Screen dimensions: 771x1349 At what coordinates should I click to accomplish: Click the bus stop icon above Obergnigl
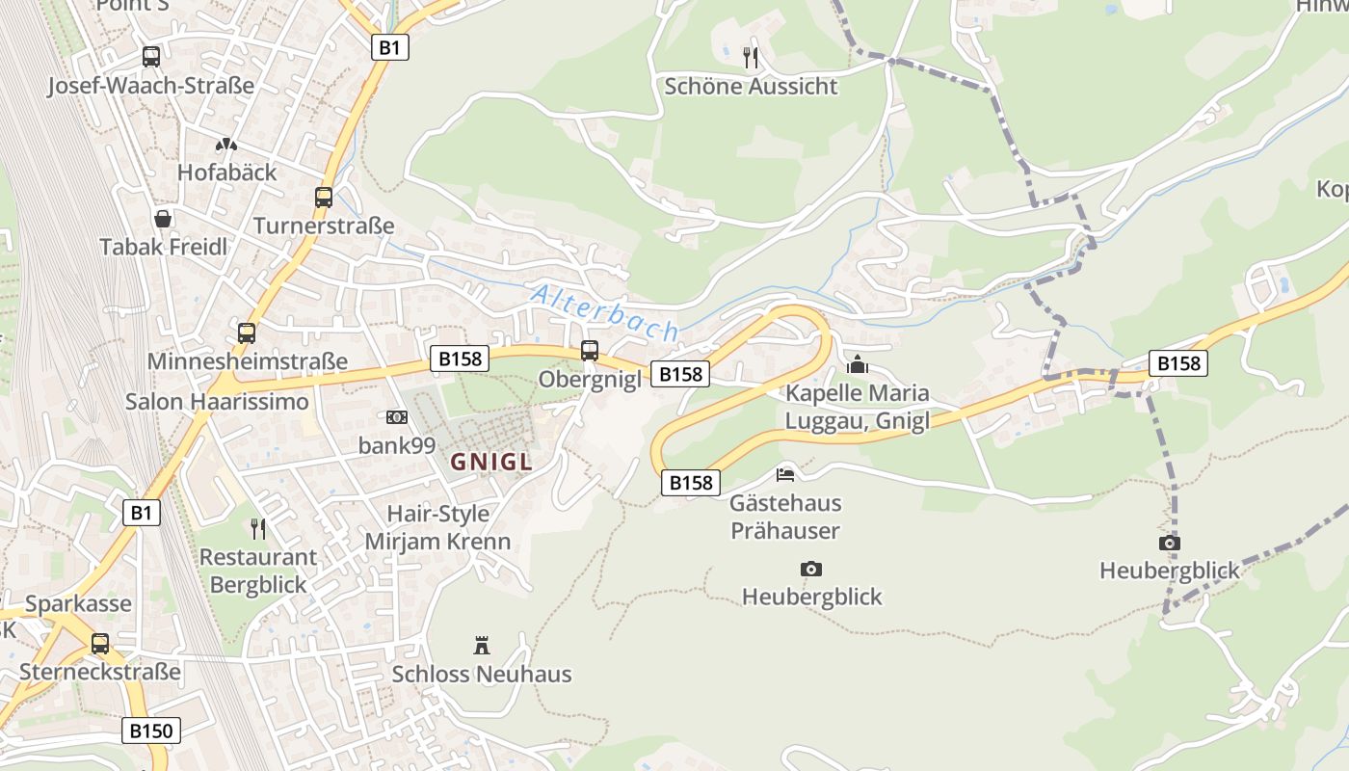click(590, 351)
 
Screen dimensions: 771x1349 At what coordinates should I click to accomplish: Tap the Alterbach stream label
click(605, 312)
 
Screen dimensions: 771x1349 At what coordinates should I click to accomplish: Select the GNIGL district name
click(491, 462)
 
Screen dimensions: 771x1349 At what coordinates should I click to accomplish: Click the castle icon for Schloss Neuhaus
click(482, 645)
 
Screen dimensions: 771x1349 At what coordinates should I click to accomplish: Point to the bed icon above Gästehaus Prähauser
click(785, 474)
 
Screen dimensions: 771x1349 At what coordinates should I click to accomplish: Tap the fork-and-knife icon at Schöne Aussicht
click(752, 58)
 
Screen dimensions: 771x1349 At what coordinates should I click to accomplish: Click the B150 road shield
click(152, 731)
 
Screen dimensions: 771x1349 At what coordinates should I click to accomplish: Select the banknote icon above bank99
click(397, 417)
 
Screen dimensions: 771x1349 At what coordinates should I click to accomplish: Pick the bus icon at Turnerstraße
click(324, 198)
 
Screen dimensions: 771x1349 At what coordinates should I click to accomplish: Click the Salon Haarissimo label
click(217, 401)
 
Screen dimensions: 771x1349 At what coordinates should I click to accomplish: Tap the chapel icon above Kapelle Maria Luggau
click(857, 364)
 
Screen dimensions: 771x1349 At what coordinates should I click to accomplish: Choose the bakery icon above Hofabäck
click(226, 145)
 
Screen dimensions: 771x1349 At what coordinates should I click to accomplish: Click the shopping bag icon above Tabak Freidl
click(164, 219)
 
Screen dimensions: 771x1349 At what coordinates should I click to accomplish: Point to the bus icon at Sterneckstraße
click(100, 643)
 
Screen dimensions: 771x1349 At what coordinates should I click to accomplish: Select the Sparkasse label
click(78, 604)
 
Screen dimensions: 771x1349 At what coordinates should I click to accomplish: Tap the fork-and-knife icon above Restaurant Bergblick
click(258, 528)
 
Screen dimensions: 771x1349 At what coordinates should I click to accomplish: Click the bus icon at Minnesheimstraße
click(247, 333)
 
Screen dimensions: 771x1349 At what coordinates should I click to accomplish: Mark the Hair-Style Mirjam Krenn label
click(437, 527)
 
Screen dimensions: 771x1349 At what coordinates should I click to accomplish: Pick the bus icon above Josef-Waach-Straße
click(151, 57)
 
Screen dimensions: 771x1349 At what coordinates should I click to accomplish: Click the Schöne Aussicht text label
click(752, 87)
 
